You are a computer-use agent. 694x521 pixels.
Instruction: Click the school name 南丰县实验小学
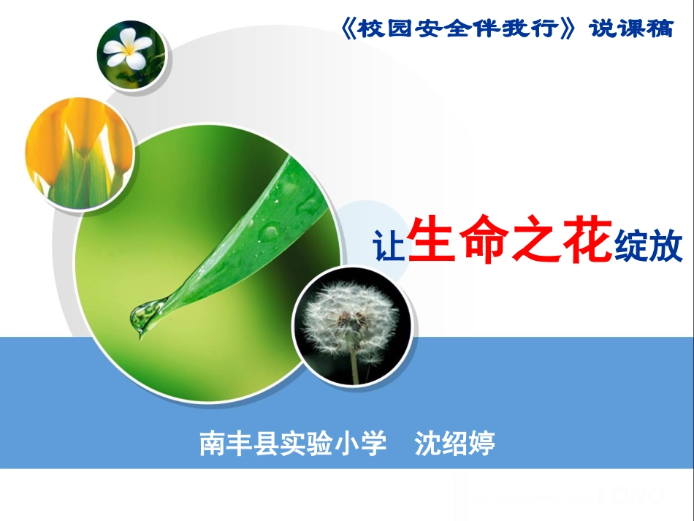tap(293, 443)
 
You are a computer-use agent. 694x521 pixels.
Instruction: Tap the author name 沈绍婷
tap(454, 443)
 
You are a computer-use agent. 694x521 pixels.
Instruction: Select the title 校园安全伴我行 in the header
tap(463, 29)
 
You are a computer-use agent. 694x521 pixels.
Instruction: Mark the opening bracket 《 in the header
tap(349, 29)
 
